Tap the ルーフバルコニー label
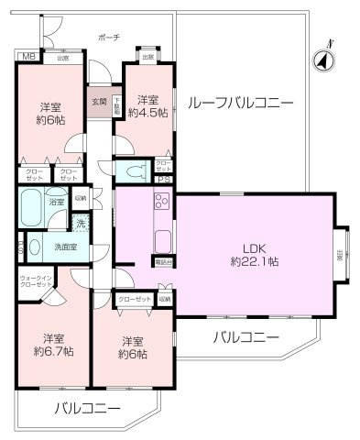pyautogui.click(x=239, y=103)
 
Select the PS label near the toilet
pyautogui.click(x=162, y=180)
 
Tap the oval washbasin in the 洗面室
pyautogui.click(x=34, y=246)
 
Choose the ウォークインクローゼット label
pyautogui.click(x=36, y=280)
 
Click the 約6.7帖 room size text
pyautogui.click(x=52, y=350)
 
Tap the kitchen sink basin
pyautogui.click(x=164, y=240)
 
